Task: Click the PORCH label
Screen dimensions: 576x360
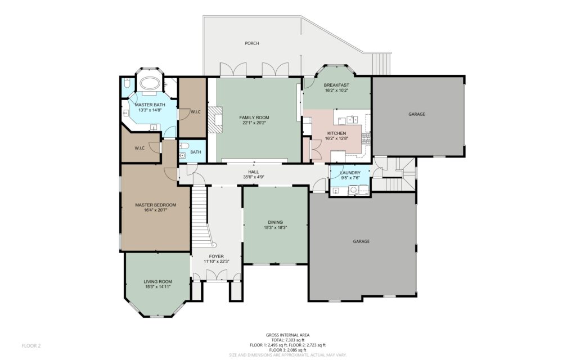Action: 251,43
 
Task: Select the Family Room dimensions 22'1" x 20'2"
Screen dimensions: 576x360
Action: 254,123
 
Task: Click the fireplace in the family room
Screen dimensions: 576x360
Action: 215,119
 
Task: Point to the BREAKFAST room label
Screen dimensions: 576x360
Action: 336,85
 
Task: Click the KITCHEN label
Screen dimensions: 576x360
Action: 336,133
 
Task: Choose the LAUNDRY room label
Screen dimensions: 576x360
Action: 350,173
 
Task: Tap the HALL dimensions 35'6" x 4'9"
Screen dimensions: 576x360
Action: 254,177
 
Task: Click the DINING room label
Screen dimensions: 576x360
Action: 275,222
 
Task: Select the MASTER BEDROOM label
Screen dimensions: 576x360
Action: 155,205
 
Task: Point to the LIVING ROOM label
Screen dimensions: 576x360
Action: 157,282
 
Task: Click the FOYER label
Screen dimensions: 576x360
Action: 216,256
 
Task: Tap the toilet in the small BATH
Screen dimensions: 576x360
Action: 184,146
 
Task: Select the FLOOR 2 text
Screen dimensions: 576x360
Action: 31,346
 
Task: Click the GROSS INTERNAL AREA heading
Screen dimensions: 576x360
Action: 287,335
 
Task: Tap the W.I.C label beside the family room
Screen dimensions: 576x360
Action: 195,112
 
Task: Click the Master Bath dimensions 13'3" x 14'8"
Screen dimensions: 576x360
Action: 150,110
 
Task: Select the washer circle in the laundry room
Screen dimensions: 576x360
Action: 353,190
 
